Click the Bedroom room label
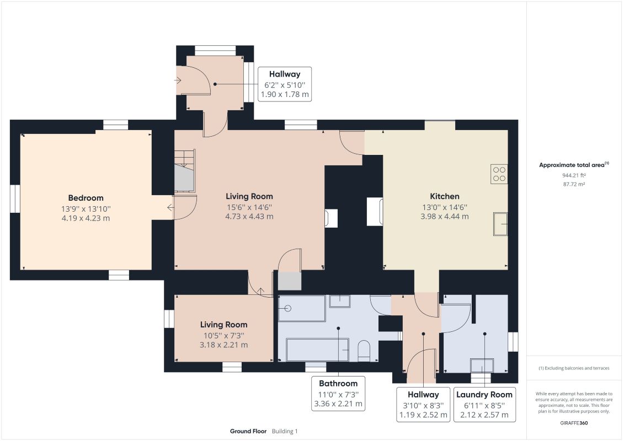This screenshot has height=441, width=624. coord(86,198)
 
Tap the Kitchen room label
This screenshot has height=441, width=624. coord(445,196)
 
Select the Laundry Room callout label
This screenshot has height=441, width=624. coord(484,405)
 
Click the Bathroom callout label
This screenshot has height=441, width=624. coord(338,393)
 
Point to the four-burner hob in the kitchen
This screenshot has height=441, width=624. coord(499,174)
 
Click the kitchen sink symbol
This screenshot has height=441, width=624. coord(500,224)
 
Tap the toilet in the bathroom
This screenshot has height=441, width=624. coord(364,351)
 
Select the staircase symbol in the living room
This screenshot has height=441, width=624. coord(185,171)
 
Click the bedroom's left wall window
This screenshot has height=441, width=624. coord(15,198)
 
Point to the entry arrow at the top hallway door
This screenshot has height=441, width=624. coord(178,80)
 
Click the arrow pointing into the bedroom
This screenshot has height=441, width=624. coord(170,207)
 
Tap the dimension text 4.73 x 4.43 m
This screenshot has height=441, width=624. coord(249,216)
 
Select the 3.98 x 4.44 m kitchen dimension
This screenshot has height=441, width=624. coord(445,216)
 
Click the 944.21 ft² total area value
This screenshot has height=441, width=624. coord(574,175)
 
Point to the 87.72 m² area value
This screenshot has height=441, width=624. coord(574,184)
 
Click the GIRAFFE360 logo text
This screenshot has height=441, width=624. coord(574,423)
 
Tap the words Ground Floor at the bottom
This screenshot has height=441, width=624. coord(248,431)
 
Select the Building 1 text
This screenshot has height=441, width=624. coord(285,431)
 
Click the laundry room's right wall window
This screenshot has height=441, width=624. coord(513,342)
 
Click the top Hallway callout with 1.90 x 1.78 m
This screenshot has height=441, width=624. coord(285,84)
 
